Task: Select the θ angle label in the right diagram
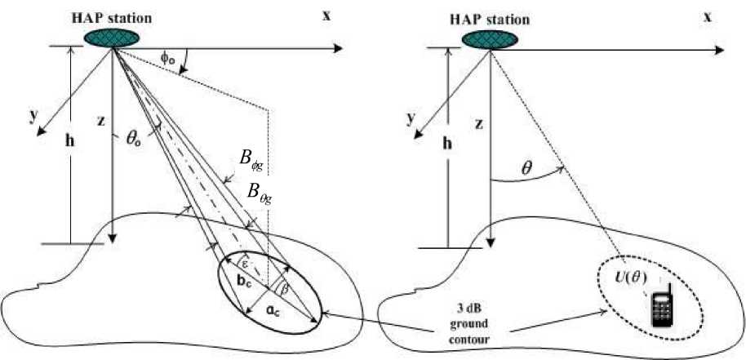(529, 169)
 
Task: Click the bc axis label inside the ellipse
(243, 281)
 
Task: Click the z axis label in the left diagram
(100, 121)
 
